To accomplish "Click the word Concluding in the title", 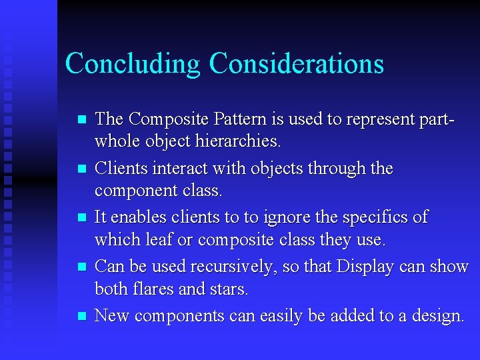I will (x=133, y=64).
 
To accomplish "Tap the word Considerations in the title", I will (x=296, y=64).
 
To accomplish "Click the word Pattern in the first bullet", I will (x=235, y=119).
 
